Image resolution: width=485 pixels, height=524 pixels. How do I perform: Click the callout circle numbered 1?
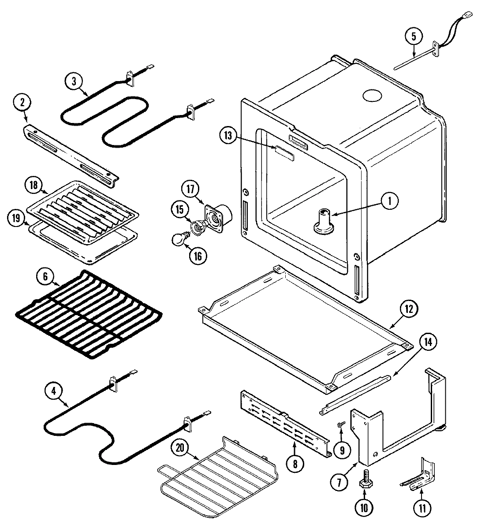[389, 201]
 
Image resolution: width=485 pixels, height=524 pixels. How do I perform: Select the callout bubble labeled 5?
[414, 37]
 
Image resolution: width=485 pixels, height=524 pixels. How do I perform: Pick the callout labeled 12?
[408, 309]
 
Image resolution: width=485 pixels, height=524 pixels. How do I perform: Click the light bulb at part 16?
[178, 240]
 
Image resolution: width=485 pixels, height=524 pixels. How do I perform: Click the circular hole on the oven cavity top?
[372, 96]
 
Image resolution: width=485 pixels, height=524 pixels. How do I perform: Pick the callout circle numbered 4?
[54, 390]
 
